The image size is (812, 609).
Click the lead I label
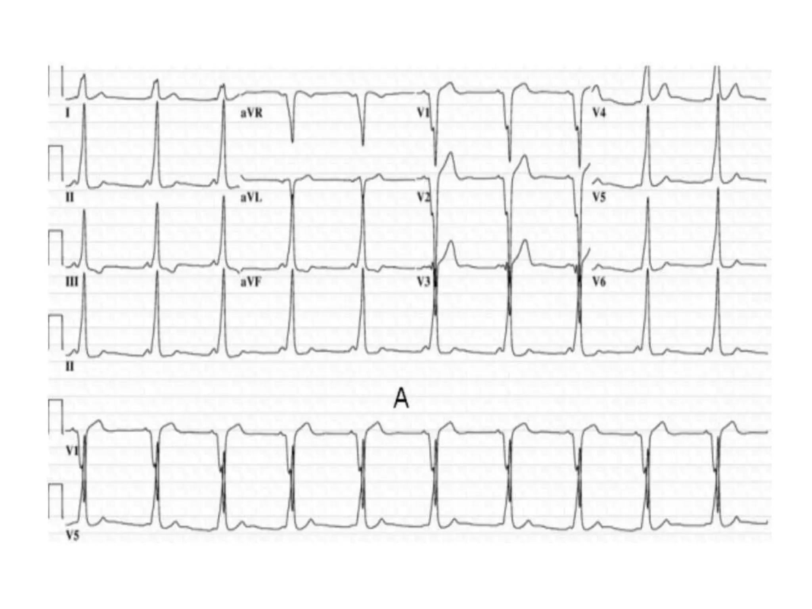[67, 113]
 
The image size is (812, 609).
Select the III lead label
[71, 282]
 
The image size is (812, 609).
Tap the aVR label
[251, 113]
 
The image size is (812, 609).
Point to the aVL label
[251, 197]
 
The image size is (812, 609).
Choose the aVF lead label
[251, 282]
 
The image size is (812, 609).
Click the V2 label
[423, 197]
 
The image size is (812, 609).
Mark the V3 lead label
[423, 282]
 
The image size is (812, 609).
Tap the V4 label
[599, 113]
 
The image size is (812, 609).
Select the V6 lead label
[599, 282]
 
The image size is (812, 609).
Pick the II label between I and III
[69, 197]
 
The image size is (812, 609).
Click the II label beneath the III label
[69, 367]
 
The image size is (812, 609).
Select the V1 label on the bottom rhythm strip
[72, 451]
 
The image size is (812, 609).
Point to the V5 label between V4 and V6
[599, 197]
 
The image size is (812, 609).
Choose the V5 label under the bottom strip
[72, 536]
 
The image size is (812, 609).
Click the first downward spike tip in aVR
[292, 141]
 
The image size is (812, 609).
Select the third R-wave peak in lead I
[223, 84]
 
